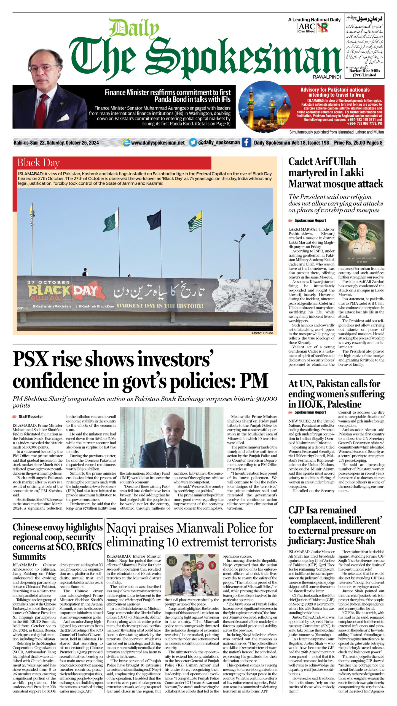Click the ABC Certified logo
[307, 28]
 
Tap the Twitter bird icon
[193, 142]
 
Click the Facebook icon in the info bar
[246, 142]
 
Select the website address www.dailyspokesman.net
[158, 143]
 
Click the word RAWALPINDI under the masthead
[327, 77]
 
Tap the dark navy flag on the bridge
[154, 220]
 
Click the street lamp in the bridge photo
[239, 239]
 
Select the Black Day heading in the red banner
[38, 163]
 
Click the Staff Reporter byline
[31, 416]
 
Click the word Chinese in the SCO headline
[29, 527]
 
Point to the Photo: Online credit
[262, 333]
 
